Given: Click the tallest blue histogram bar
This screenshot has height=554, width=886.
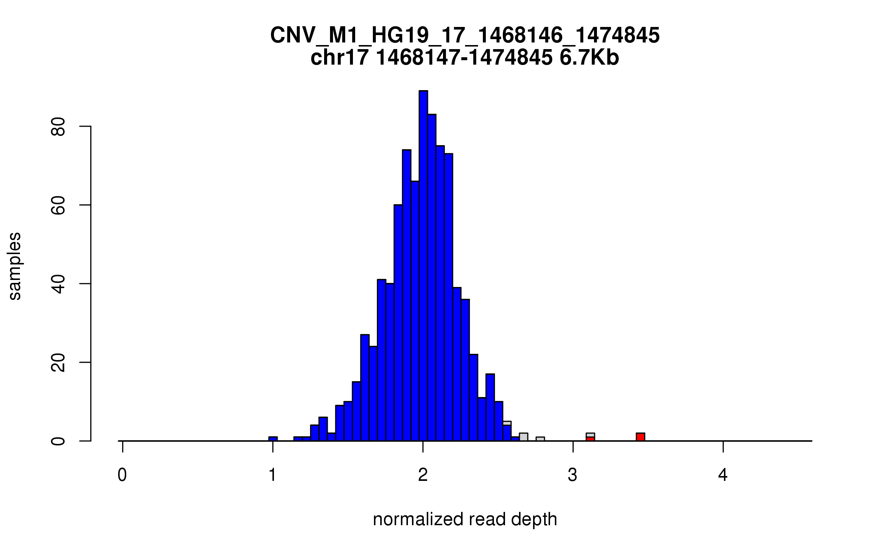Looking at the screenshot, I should [423, 266].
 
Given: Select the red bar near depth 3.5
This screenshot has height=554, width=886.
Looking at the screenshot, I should [641, 437].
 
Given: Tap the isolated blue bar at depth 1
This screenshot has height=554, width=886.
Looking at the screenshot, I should [273, 439].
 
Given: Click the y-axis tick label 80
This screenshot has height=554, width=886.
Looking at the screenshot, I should [58, 127].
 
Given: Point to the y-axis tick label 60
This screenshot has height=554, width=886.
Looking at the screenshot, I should [58, 205].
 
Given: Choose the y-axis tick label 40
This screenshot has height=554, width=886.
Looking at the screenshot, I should [58, 284].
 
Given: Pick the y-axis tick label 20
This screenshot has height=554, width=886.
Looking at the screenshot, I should [58, 362].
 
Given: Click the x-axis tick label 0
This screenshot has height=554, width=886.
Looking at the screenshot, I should [122, 475].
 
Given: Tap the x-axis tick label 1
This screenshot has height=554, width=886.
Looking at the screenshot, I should [272, 475].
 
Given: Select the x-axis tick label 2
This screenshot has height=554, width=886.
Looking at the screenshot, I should [423, 475].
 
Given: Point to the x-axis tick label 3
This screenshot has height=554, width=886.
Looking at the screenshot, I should [573, 475].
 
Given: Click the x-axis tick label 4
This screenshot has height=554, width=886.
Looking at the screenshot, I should [723, 475].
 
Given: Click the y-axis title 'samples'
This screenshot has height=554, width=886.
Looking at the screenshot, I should [15, 266].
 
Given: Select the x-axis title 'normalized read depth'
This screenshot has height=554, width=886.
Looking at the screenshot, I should [465, 519].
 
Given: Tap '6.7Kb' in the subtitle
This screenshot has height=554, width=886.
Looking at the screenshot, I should [589, 58].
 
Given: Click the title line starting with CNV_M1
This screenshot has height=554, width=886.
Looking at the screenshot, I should [465, 35].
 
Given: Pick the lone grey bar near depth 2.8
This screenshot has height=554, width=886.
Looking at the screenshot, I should [540, 439].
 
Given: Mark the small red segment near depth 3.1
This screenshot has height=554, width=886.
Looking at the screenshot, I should [590, 439].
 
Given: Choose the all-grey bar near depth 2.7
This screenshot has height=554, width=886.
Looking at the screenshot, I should [523, 437].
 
